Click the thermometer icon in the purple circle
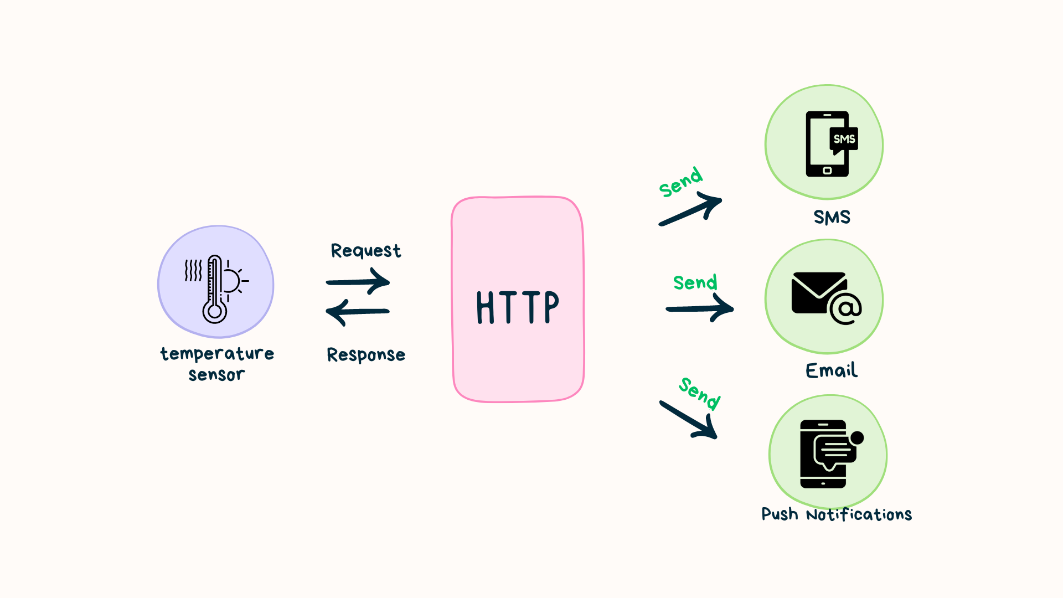[x=215, y=288]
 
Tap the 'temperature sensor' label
[x=217, y=363]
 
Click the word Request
[x=365, y=251]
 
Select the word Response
[x=366, y=354]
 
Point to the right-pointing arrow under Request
[x=358, y=281]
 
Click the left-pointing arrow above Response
[x=358, y=312]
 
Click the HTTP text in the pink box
[x=518, y=307]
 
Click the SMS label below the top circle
[x=832, y=217]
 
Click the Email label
[x=832, y=370]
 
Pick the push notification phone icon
[x=825, y=454]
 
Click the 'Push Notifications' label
[x=837, y=514]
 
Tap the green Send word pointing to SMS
[x=681, y=182]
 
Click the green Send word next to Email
[x=695, y=282]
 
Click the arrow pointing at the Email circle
[x=700, y=308]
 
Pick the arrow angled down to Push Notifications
[x=689, y=420]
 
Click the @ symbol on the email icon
[x=845, y=308]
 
